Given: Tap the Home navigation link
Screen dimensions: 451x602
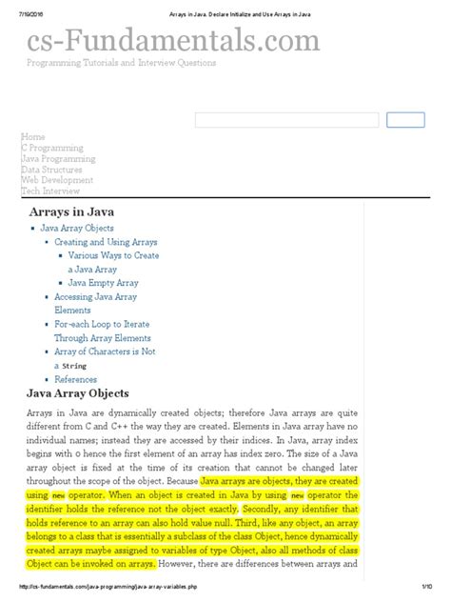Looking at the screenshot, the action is click(32, 137).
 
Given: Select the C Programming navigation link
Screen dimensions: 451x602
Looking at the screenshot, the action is click(51, 148).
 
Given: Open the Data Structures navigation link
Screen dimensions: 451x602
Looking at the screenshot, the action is click(51, 170).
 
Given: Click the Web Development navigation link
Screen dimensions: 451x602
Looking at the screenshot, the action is click(57, 180).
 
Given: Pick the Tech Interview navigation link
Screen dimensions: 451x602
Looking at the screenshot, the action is click(50, 191).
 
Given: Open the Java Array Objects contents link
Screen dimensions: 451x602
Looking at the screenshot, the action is click(77, 229).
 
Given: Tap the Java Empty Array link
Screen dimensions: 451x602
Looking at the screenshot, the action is click(104, 283).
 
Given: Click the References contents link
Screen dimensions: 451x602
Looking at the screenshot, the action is click(75, 379).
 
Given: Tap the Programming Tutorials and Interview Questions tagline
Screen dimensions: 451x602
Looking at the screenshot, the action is click(121, 63).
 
